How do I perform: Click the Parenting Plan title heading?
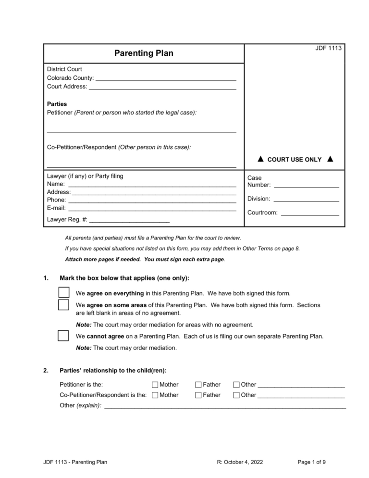[144, 53]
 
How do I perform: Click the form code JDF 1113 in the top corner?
[329, 48]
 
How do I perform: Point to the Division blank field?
[306, 199]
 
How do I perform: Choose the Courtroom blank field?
[310, 213]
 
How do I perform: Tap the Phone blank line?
[152, 200]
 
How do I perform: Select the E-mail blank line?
[152, 208]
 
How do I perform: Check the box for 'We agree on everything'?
[63, 292]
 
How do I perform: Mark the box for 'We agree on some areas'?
[63, 305]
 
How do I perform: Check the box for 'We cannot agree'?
[63, 336]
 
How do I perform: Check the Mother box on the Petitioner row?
[154, 384]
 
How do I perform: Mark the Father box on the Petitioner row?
[198, 384]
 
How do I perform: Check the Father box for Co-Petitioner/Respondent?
[198, 395]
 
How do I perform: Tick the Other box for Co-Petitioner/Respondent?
[236, 395]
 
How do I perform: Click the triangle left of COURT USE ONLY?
[260, 159]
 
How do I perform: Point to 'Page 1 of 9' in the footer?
[312, 462]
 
